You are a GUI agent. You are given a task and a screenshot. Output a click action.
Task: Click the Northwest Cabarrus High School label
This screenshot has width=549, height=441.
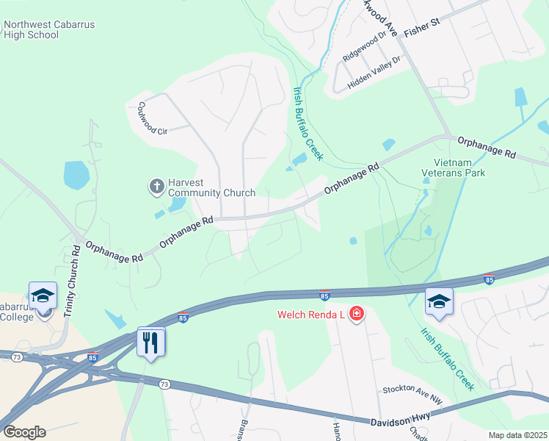pos(48,29)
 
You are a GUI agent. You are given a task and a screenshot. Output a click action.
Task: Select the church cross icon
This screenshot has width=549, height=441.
pos(156,187)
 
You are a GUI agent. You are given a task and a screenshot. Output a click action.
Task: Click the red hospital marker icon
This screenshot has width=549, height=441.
pos(357,315)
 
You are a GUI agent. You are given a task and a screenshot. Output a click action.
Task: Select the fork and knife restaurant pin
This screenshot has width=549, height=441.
pos(151,342)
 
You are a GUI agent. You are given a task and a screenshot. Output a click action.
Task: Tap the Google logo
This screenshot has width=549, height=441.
pos(24,431)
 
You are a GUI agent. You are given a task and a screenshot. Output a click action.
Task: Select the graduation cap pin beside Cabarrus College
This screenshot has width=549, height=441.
pos(43,297)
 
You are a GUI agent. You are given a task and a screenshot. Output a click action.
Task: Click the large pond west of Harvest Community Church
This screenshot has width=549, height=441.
pos(76,176)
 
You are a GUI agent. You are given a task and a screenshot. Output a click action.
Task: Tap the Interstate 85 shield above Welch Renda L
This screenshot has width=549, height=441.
pos(324,295)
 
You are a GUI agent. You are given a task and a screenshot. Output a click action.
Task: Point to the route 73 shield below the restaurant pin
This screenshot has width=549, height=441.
pos(164,384)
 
